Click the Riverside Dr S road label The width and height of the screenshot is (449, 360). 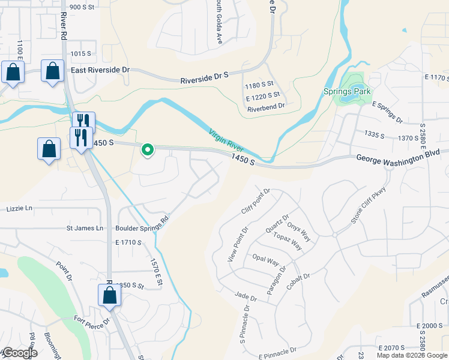(205, 77)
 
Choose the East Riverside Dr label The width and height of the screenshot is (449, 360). (100, 70)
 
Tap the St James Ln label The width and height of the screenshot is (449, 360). (85, 228)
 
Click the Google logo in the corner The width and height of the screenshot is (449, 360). (19, 353)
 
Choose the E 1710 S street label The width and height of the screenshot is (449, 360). (127, 242)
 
